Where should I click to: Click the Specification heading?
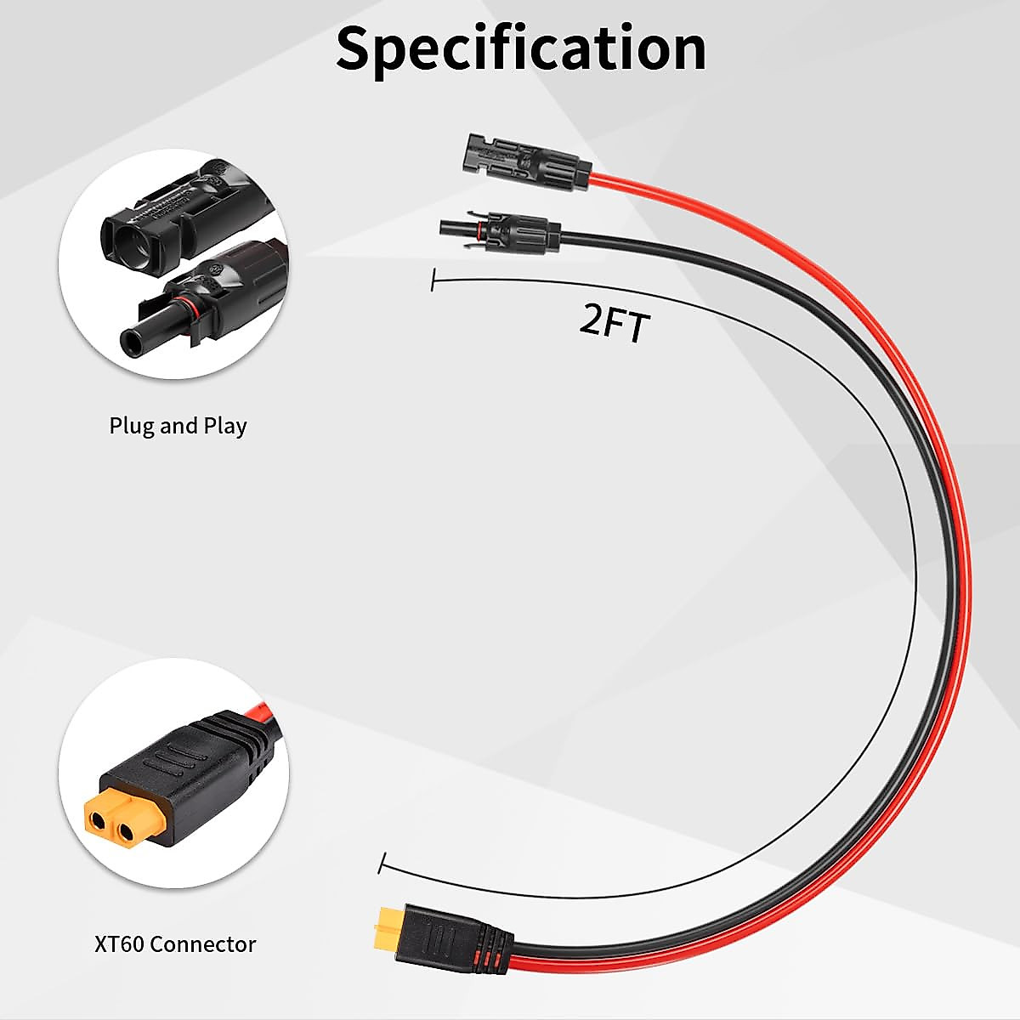coord(520,48)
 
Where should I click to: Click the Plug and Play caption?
coord(178,425)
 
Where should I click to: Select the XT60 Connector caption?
coord(175,943)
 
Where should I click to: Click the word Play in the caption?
coord(225,425)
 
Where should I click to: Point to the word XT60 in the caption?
coord(119,943)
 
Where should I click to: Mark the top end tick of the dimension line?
coord(433,281)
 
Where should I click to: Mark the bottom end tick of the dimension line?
coord(383,863)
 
